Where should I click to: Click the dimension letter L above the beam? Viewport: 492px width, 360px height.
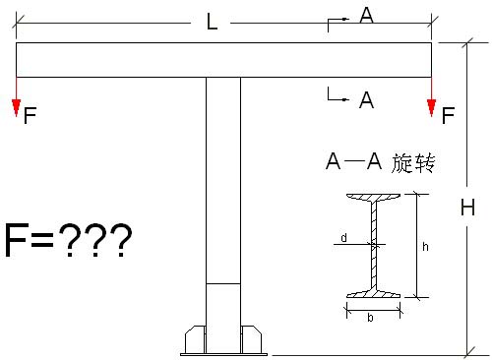212,23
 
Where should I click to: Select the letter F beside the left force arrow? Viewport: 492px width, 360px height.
31,116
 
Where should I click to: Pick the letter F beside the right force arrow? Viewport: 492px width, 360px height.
449,116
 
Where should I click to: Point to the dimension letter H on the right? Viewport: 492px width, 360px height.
468,209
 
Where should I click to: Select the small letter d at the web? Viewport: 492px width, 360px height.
343,237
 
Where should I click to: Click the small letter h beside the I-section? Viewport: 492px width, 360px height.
425,247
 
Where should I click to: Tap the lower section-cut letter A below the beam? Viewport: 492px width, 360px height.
366,98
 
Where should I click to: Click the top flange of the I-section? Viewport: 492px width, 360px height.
373,199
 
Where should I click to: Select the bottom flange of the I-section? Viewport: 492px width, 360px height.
373,294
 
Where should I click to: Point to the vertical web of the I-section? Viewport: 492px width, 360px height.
373,246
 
